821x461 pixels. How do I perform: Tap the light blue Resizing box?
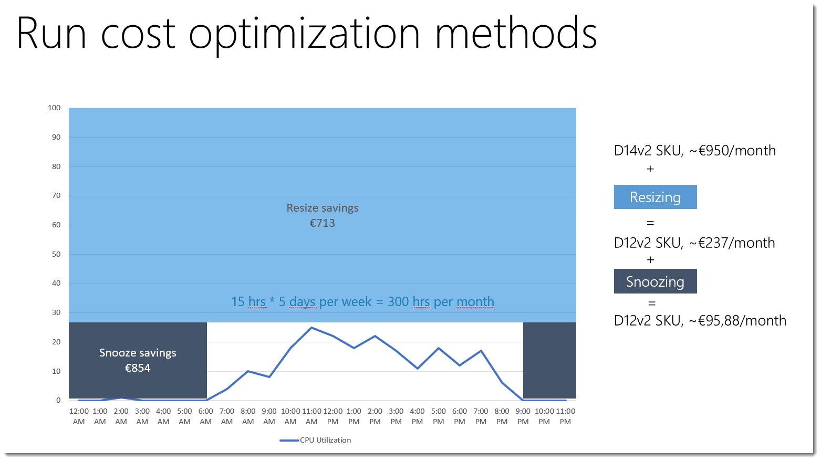pyautogui.click(x=655, y=197)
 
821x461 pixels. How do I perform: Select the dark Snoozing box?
pyautogui.click(x=655, y=281)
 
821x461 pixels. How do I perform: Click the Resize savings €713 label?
pyautogui.click(x=322, y=215)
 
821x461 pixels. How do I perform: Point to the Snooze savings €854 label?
pyautogui.click(x=138, y=360)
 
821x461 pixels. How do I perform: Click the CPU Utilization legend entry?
pyautogui.click(x=316, y=440)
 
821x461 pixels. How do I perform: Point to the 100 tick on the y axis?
pyautogui.click(x=54, y=108)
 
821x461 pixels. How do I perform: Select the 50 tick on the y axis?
pyautogui.click(x=56, y=254)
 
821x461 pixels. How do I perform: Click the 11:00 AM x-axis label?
pyautogui.click(x=311, y=416)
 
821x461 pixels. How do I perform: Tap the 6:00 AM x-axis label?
pyautogui.click(x=206, y=416)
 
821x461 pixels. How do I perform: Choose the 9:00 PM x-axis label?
pyautogui.click(x=523, y=416)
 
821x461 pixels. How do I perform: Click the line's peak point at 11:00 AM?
pyautogui.click(x=311, y=328)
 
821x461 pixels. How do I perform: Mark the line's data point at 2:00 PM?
pyautogui.click(x=375, y=336)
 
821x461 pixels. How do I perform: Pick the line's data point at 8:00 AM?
pyautogui.click(x=248, y=371)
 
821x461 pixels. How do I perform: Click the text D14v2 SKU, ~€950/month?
pyautogui.click(x=694, y=151)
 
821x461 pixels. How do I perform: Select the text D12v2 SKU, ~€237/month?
pyautogui.click(x=694, y=243)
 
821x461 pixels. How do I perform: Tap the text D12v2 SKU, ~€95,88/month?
pyautogui.click(x=700, y=320)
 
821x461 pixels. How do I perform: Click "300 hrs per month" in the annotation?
pyautogui.click(x=441, y=302)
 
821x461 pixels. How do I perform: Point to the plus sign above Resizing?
pyautogui.click(x=650, y=169)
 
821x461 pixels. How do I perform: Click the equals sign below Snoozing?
pyautogui.click(x=652, y=303)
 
